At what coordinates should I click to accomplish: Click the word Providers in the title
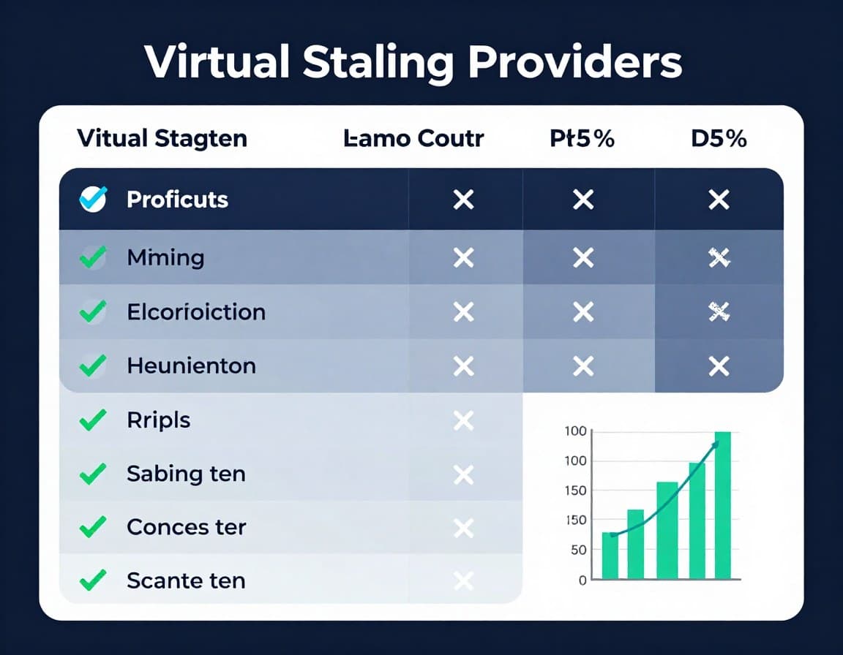coord(575,63)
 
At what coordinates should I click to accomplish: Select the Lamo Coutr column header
coord(413,138)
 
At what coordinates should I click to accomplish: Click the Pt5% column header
coord(582,138)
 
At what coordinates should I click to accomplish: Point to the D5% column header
coord(719,138)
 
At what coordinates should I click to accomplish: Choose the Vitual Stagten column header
coord(162,138)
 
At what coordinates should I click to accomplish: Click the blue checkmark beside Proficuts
coord(93,199)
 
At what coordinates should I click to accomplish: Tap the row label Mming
coord(165,257)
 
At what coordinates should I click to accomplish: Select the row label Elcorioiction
coord(196,312)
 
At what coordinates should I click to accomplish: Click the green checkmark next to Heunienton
coord(93,366)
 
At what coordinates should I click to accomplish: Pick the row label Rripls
coord(158,420)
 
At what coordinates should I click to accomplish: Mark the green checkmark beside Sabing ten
coord(93,474)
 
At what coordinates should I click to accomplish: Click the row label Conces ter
coord(186,527)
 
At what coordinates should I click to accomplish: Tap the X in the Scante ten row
coord(463,581)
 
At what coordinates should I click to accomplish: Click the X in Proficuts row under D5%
coord(719,199)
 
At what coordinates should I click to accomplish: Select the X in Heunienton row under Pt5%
coord(582,366)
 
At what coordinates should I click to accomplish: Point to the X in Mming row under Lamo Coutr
coord(463,257)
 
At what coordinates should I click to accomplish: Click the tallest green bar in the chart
coord(722,504)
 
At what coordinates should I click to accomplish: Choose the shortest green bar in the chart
coord(610,555)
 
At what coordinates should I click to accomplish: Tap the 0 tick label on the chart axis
coord(582,580)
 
